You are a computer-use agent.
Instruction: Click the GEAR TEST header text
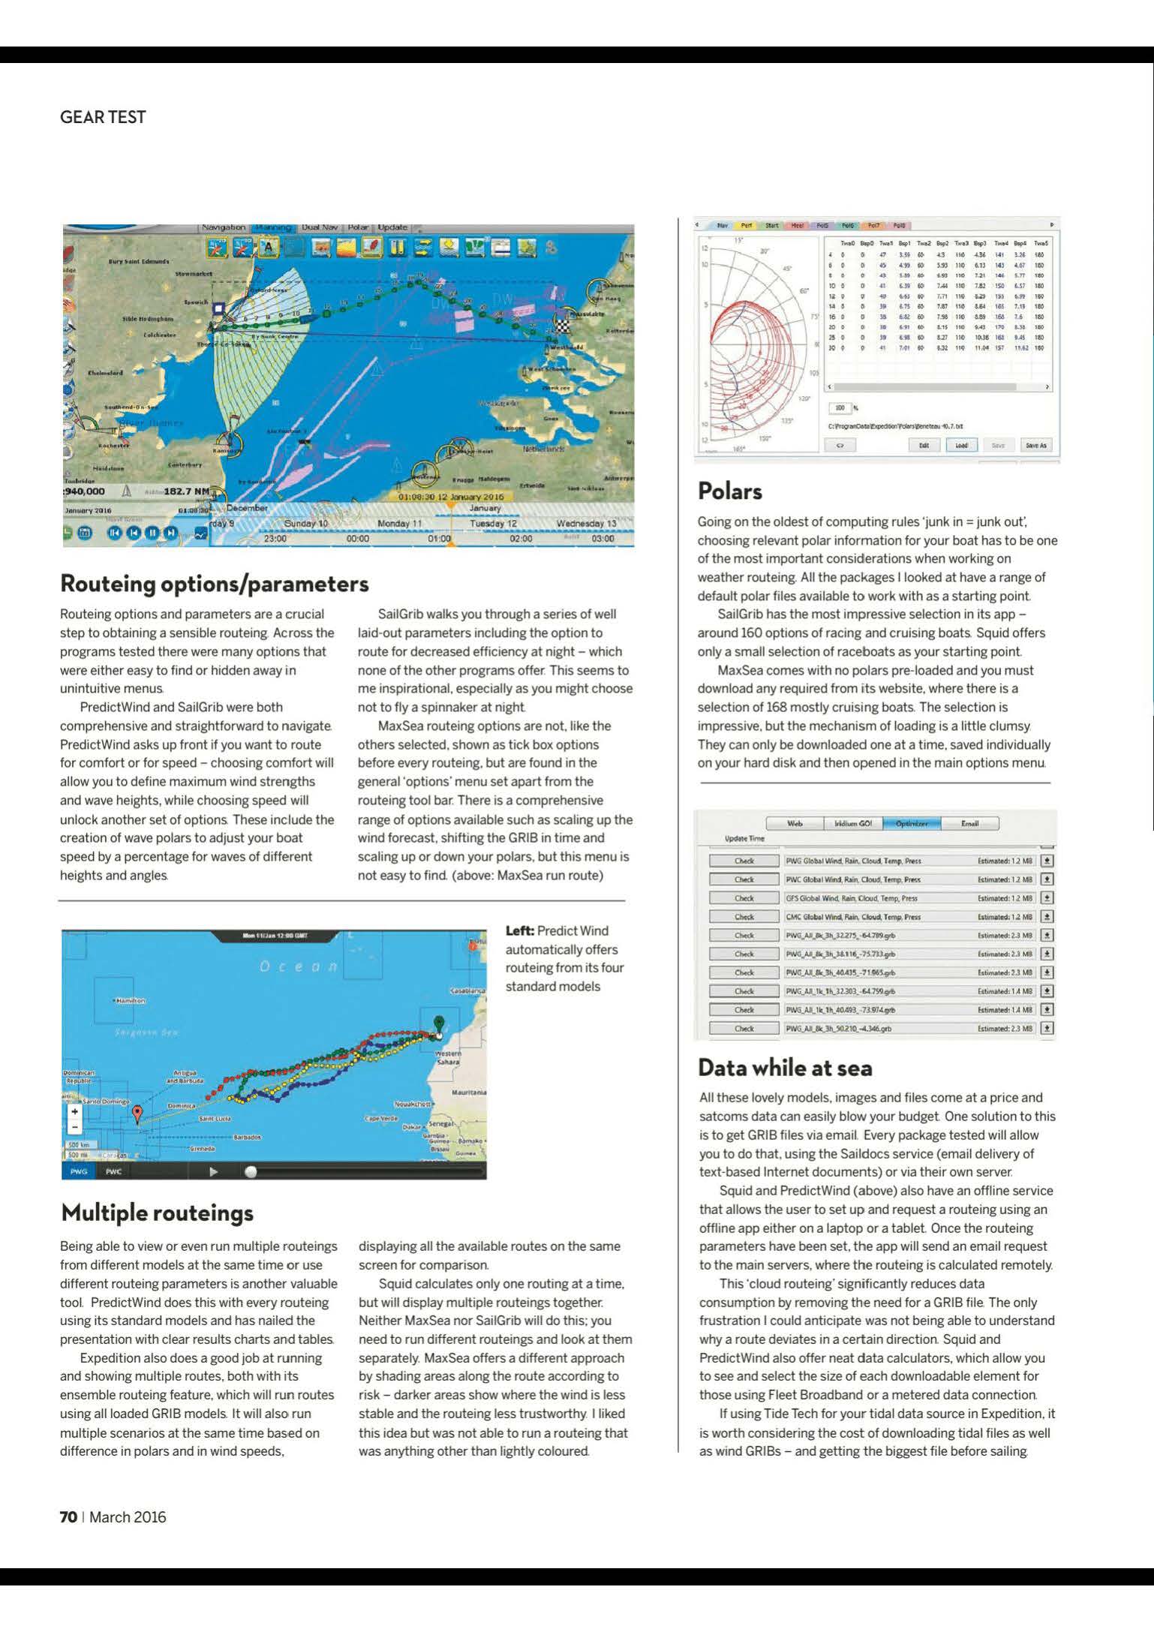click(x=103, y=117)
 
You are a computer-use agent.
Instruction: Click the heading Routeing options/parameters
click(x=215, y=584)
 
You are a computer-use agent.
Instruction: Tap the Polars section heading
click(x=729, y=491)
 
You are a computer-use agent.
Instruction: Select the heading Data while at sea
click(x=785, y=1067)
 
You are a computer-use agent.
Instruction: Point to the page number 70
click(x=68, y=1516)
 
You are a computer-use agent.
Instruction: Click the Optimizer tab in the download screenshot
click(x=911, y=823)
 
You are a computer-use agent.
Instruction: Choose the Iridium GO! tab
click(x=853, y=823)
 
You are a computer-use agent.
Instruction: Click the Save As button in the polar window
click(x=1035, y=445)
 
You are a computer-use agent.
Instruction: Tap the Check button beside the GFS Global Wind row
click(x=744, y=898)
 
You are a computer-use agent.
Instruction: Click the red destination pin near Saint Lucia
click(x=137, y=1113)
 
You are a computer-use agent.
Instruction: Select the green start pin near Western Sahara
click(x=439, y=1023)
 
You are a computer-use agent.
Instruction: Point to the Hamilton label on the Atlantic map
click(x=129, y=1001)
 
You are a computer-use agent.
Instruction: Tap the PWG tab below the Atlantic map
click(x=79, y=1171)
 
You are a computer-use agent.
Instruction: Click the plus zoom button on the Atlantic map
click(x=74, y=1112)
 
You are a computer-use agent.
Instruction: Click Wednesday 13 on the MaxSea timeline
click(x=586, y=523)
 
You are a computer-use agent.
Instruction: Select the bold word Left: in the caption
click(x=520, y=930)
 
